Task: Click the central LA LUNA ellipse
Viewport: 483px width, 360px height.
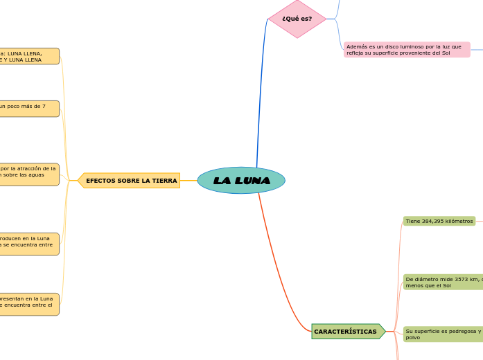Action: click(241, 180)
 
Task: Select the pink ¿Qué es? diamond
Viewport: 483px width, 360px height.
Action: click(297, 19)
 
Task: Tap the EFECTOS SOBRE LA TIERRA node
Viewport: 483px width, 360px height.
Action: click(130, 181)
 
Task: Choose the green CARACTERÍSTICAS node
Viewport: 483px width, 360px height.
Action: click(346, 332)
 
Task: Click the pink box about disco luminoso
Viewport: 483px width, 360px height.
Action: click(406, 50)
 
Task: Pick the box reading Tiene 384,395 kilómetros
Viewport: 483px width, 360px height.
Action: click(439, 221)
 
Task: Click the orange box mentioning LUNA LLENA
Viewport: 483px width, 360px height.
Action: click(29, 56)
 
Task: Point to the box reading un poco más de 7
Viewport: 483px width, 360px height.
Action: click(29, 108)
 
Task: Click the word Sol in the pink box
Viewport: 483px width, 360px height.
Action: click(446, 53)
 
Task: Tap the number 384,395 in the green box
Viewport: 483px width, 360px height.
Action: click(435, 221)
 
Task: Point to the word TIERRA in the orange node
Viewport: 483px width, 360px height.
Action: click(164, 181)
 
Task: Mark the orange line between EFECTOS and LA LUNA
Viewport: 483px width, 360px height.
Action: click(188, 181)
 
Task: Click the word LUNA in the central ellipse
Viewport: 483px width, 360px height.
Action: click(251, 181)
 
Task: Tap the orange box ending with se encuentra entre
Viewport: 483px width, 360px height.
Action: click(29, 244)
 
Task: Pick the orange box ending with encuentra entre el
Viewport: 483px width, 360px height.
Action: click(29, 304)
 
